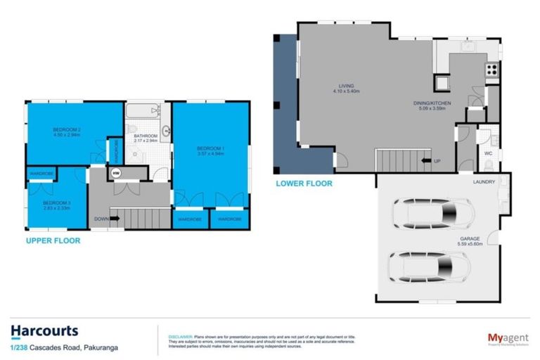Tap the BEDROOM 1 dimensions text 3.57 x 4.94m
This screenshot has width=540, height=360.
[x=211, y=154]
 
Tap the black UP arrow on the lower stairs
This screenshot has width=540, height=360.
[x=425, y=160]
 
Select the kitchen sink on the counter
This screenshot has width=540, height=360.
[x=468, y=46]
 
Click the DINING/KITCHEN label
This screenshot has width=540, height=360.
[x=431, y=103]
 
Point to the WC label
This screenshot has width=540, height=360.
[x=488, y=153]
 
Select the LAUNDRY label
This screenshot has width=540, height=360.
[x=484, y=181]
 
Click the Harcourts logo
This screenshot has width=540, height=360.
[x=44, y=330]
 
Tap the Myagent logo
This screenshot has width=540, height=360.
[x=508, y=338]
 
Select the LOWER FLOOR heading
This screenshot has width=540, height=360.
[x=304, y=184]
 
